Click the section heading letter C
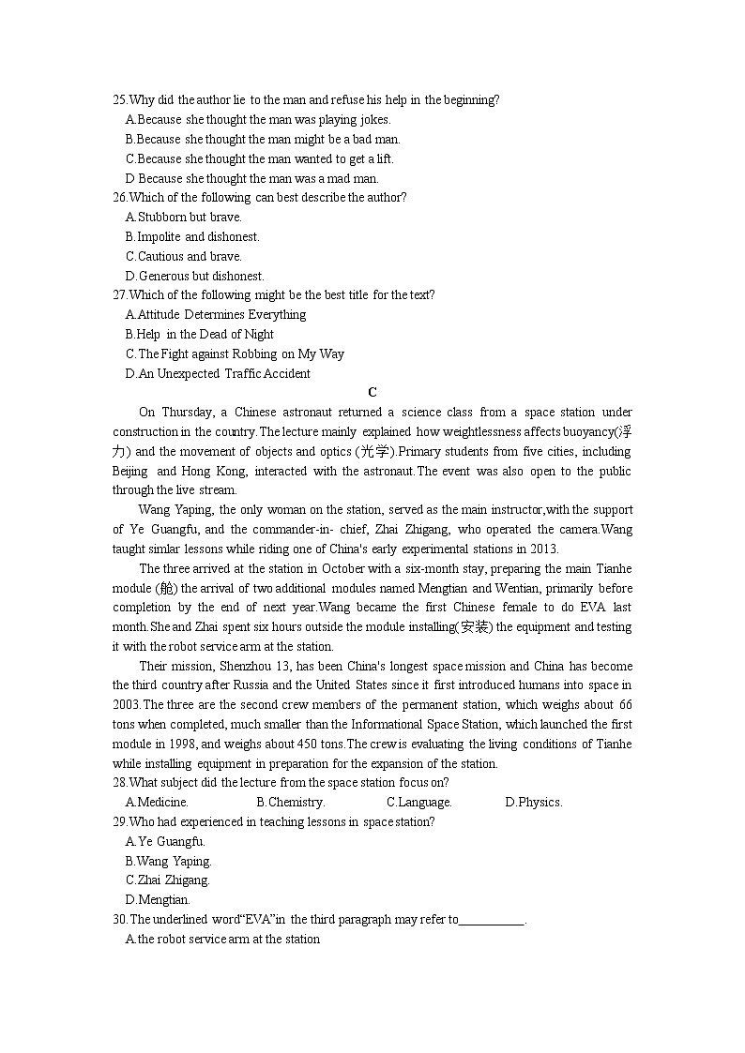click(x=372, y=393)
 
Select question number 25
click(x=119, y=100)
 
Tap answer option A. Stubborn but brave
click(x=184, y=218)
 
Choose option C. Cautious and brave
click(x=184, y=257)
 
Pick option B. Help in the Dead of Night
click(x=200, y=335)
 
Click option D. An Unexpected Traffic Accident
click(x=218, y=374)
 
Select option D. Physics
click(x=534, y=803)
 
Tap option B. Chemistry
click(x=291, y=803)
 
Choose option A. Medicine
click(x=158, y=803)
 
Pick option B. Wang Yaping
click(x=169, y=862)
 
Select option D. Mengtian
click(x=158, y=900)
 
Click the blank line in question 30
click(x=492, y=921)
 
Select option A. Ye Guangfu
click(x=165, y=842)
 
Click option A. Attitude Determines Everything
click(x=216, y=315)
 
